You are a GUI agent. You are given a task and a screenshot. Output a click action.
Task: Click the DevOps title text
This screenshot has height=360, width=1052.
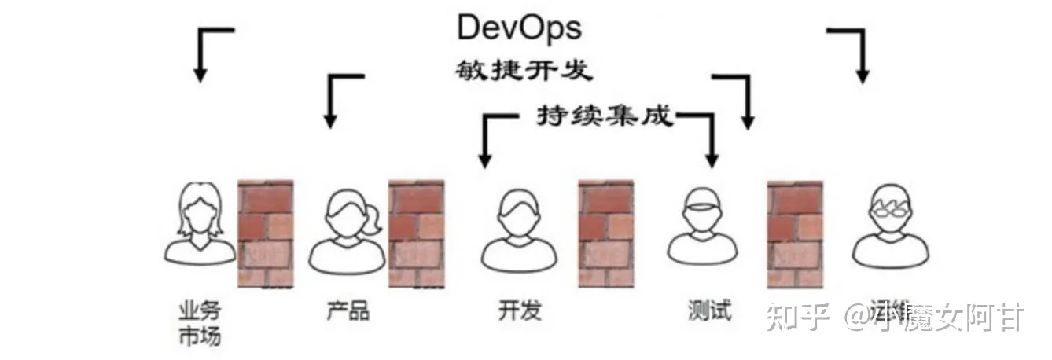pos(519,28)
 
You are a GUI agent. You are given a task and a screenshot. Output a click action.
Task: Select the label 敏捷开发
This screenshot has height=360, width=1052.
pos(523,71)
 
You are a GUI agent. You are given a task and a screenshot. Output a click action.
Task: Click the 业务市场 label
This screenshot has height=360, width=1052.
pos(200,323)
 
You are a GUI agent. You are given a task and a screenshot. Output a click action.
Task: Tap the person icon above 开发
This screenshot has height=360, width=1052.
pos(519,228)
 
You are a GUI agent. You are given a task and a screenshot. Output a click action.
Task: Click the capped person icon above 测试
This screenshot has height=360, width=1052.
pos(703,224)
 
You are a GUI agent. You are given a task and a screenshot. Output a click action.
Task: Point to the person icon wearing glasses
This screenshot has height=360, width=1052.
pos(890,224)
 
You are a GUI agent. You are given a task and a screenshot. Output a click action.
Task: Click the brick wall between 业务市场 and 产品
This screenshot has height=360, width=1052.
pos(266,233)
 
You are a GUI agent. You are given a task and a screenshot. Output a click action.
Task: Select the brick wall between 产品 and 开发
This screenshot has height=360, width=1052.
pos(416,233)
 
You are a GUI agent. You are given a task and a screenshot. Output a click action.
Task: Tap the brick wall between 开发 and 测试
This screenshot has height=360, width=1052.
pos(605,233)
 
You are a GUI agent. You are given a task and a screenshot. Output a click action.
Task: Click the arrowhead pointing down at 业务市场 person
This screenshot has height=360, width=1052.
pos(200,75)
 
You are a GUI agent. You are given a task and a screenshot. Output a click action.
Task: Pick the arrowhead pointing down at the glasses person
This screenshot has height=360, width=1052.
pos(863,76)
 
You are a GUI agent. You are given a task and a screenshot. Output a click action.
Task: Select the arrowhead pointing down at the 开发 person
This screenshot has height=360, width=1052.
pos(484,162)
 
